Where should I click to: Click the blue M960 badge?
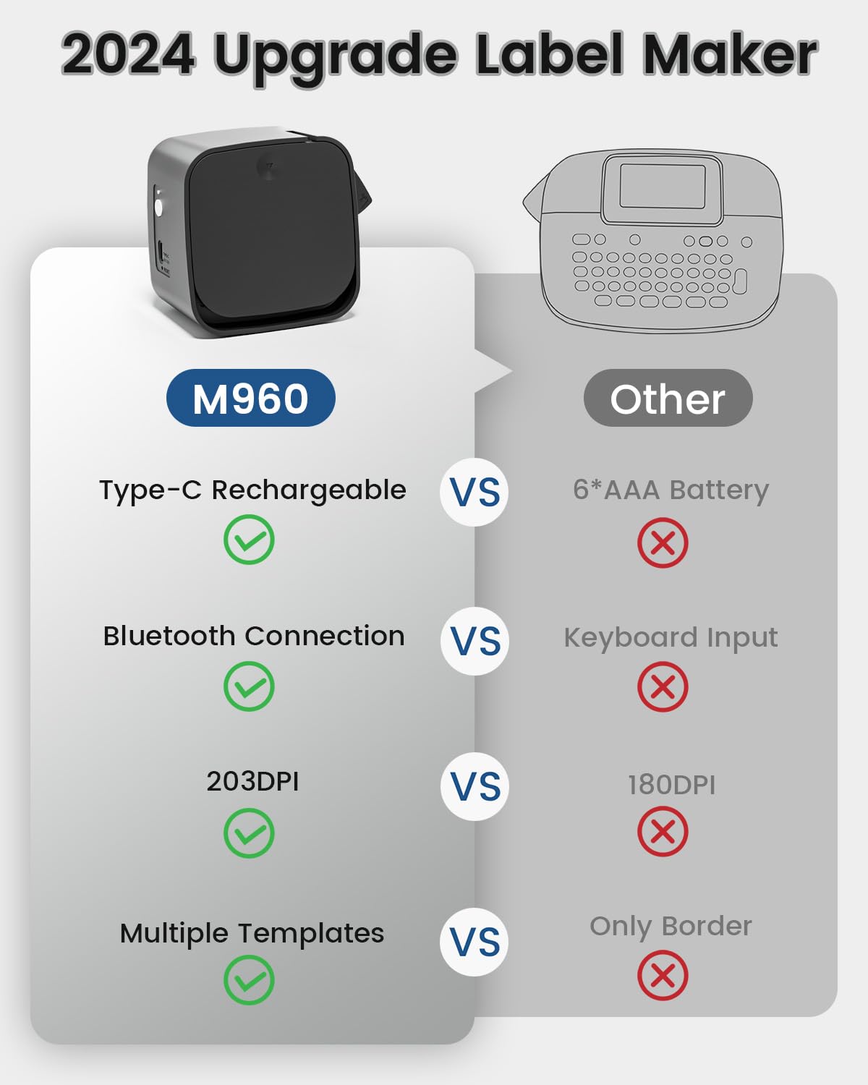[x=250, y=398]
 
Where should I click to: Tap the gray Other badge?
[x=668, y=398]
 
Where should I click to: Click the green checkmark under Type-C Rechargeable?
[x=249, y=540]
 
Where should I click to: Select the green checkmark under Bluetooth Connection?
[x=249, y=686]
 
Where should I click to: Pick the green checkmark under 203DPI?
[x=249, y=833]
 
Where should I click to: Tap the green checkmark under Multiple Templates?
[x=249, y=979]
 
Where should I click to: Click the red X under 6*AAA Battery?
[x=663, y=542]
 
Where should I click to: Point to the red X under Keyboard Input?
[x=663, y=686]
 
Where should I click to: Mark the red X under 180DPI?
[x=663, y=832]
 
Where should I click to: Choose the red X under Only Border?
[x=663, y=976]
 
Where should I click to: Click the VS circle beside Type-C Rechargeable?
[x=475, y=492]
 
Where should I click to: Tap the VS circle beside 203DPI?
[x=475, y=786]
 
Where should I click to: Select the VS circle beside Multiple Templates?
[x=475, y=942]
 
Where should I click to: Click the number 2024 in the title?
[x=128, y=55]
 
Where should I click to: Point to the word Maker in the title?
[x=730, y=55]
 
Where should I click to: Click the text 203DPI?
[x=252, y=781]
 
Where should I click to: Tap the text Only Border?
[x=671, y=926]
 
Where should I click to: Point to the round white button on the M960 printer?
[x=158, y=208]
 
